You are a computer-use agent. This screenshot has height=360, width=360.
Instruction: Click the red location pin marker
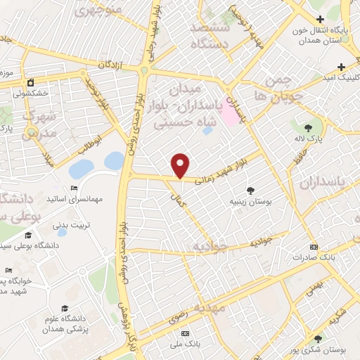click(x=181, y=165)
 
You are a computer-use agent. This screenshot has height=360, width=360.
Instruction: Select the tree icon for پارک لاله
click(x=308, y=127)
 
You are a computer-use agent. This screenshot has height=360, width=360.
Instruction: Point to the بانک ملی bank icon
click(x=185, y=333)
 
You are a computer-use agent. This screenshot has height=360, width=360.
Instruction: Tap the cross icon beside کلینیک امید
click(x=341, y=67)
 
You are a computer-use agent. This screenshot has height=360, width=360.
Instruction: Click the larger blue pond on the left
click(x=80, y=169)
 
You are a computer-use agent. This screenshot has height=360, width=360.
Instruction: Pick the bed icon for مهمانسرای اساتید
click(x=74, y=188)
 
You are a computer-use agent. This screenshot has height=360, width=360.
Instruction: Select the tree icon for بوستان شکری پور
click(x=318, y=340)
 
